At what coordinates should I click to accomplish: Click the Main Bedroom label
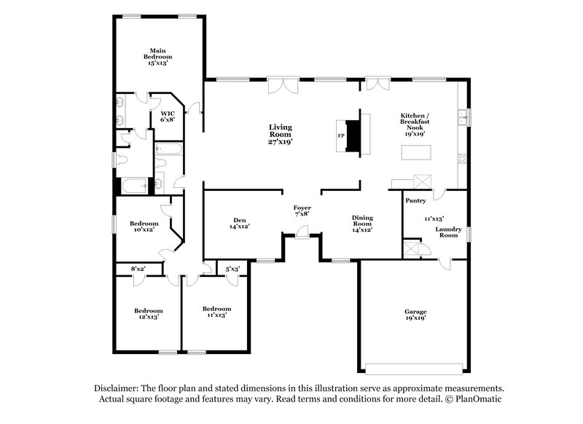click(157, 56)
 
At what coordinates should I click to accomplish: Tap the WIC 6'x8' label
click(167, 117)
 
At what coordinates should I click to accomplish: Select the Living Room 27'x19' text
click(280, 135)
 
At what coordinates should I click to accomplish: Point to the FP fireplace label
click(340, 136)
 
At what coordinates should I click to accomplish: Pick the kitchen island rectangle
click(415, 153)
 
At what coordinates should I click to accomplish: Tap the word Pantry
click(415, 200)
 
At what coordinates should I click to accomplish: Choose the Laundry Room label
click(447, 232)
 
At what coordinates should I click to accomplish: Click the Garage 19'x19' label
click(415, 314)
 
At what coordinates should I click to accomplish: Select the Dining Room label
click(362, 223)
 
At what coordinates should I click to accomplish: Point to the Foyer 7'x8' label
click(302, 211)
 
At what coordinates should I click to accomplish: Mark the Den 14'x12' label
click(240, 223)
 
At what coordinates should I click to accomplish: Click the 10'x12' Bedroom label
click(144, 227)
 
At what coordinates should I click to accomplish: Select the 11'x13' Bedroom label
click(217, 313)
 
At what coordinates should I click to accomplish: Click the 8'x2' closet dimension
click(138, 270)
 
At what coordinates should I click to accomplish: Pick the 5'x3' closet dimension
click(232, 270)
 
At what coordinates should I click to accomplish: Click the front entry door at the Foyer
click(302, 232)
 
